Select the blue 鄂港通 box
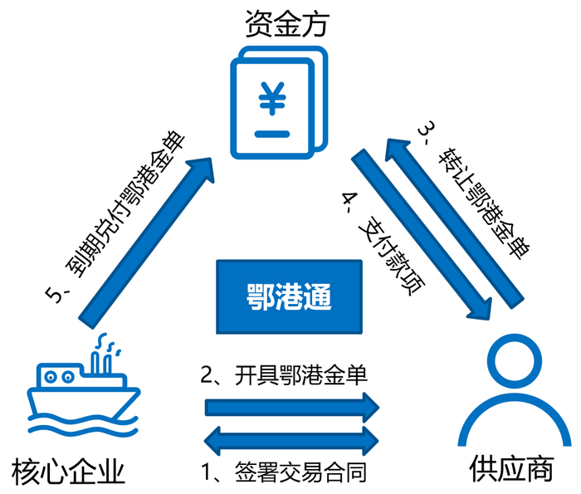click(x=290, y=294)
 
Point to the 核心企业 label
click(x=69, y=472)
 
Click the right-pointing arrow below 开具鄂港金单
click(x=290, y=407)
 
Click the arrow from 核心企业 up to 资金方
click(x=141, y=232)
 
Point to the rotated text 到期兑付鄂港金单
click(x=120, y=216)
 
